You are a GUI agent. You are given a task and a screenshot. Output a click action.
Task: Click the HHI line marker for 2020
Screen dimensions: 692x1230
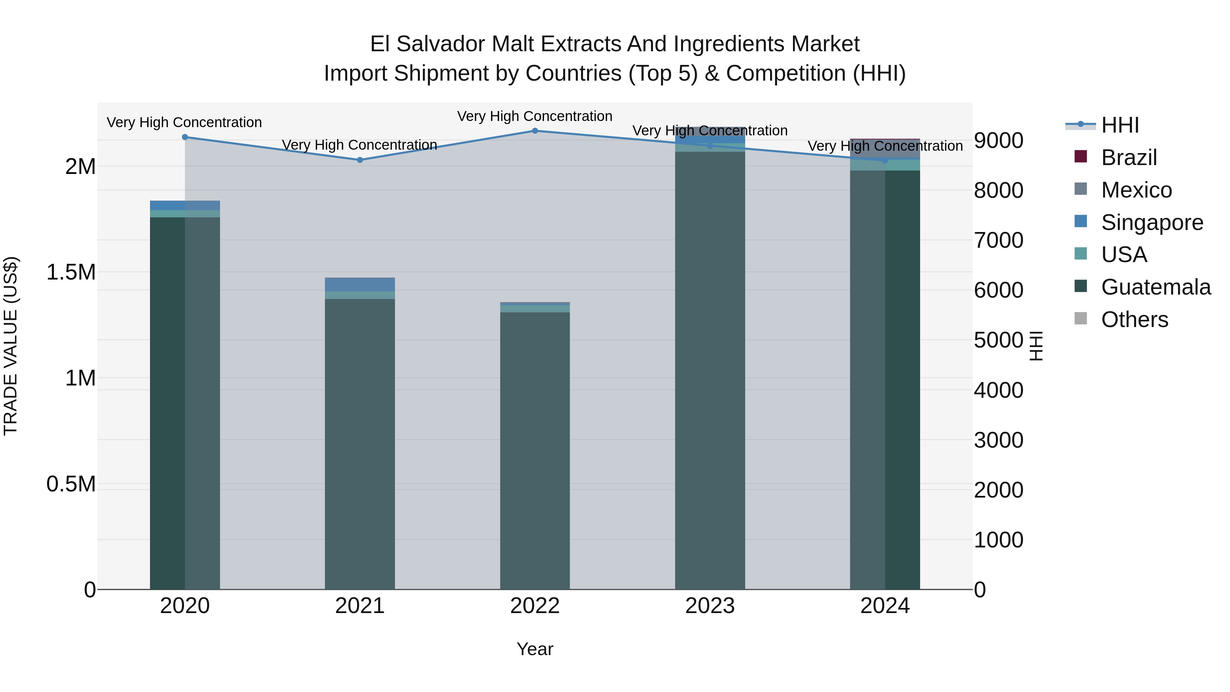point(185,137)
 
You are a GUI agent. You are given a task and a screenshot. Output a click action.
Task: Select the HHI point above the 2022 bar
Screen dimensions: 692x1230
point(535,131)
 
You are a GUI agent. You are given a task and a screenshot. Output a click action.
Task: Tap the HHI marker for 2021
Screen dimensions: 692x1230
point(360,160)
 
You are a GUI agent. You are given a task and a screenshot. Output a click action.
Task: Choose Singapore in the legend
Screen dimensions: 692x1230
point(1152,222)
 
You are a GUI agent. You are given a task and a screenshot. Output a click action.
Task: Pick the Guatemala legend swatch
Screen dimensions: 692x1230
point(1081,287)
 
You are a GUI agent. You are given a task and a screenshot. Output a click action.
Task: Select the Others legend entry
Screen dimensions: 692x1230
point(1134,320)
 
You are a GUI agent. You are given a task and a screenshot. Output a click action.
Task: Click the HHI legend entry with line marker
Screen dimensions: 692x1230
point(1120,125)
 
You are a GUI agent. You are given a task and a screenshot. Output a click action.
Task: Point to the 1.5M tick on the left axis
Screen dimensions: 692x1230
point(71,272)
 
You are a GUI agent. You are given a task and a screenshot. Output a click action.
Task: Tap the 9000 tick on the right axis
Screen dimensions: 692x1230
point(998,140)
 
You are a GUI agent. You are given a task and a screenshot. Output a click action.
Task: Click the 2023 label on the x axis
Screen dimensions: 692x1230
point(710,606)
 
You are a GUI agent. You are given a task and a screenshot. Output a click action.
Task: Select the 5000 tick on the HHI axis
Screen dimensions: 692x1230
point(998,340)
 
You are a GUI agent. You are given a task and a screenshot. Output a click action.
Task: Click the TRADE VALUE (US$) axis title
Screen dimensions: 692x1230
point(11,346)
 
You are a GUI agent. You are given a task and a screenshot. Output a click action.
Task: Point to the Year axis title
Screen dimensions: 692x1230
point(535,649)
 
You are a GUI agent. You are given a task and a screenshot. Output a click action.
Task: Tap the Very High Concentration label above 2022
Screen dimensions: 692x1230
point(535,116)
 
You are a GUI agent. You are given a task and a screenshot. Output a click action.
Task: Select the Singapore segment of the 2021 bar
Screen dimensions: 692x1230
point(360,285)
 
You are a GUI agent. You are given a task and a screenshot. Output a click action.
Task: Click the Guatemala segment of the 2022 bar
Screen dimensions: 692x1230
point(535,449)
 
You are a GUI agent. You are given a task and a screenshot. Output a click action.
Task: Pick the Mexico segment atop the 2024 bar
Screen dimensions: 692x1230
point(885,149)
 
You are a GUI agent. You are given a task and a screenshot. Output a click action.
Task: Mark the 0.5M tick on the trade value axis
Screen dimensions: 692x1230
point(71,484)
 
